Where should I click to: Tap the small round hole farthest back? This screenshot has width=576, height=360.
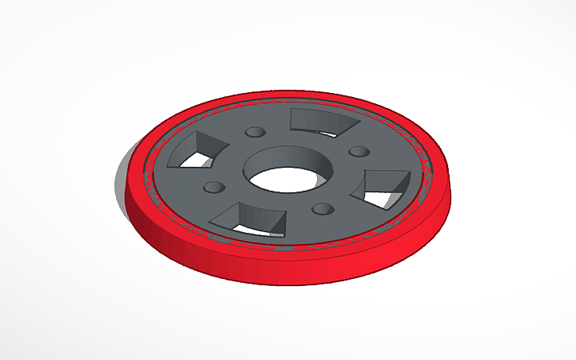click(256, 131)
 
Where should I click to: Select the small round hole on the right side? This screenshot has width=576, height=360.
click(359, 151)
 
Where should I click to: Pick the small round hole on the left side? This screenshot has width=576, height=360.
click(213, 188)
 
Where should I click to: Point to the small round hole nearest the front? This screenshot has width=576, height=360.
click(322, 209)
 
